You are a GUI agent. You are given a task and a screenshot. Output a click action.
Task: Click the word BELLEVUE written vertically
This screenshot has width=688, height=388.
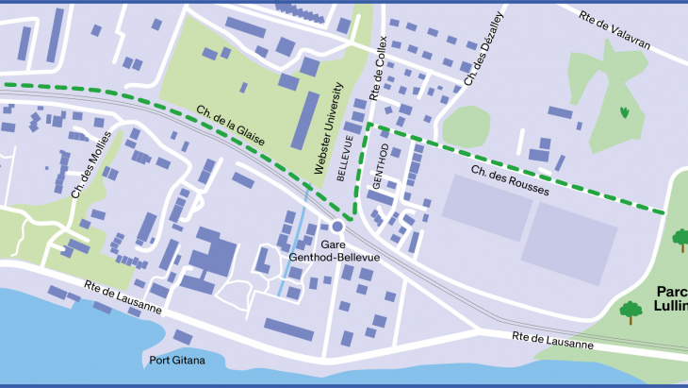(349, 157)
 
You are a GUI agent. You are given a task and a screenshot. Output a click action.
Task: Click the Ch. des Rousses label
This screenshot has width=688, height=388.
(509, 177)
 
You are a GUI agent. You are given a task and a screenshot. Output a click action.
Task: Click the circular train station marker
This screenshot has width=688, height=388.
(336, 227)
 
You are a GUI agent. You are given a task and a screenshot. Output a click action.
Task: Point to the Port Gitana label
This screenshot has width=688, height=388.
(180, 361)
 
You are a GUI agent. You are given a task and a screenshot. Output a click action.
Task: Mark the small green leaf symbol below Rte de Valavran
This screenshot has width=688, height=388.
(625, 112)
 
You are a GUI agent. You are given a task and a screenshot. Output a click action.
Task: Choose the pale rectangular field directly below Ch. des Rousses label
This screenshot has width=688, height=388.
(485, 207)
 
